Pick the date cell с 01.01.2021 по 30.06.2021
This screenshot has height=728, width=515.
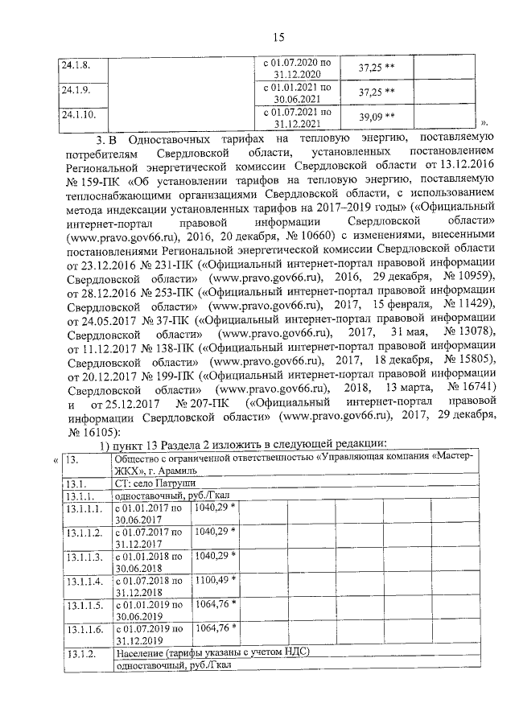click(x=297, y=93)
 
